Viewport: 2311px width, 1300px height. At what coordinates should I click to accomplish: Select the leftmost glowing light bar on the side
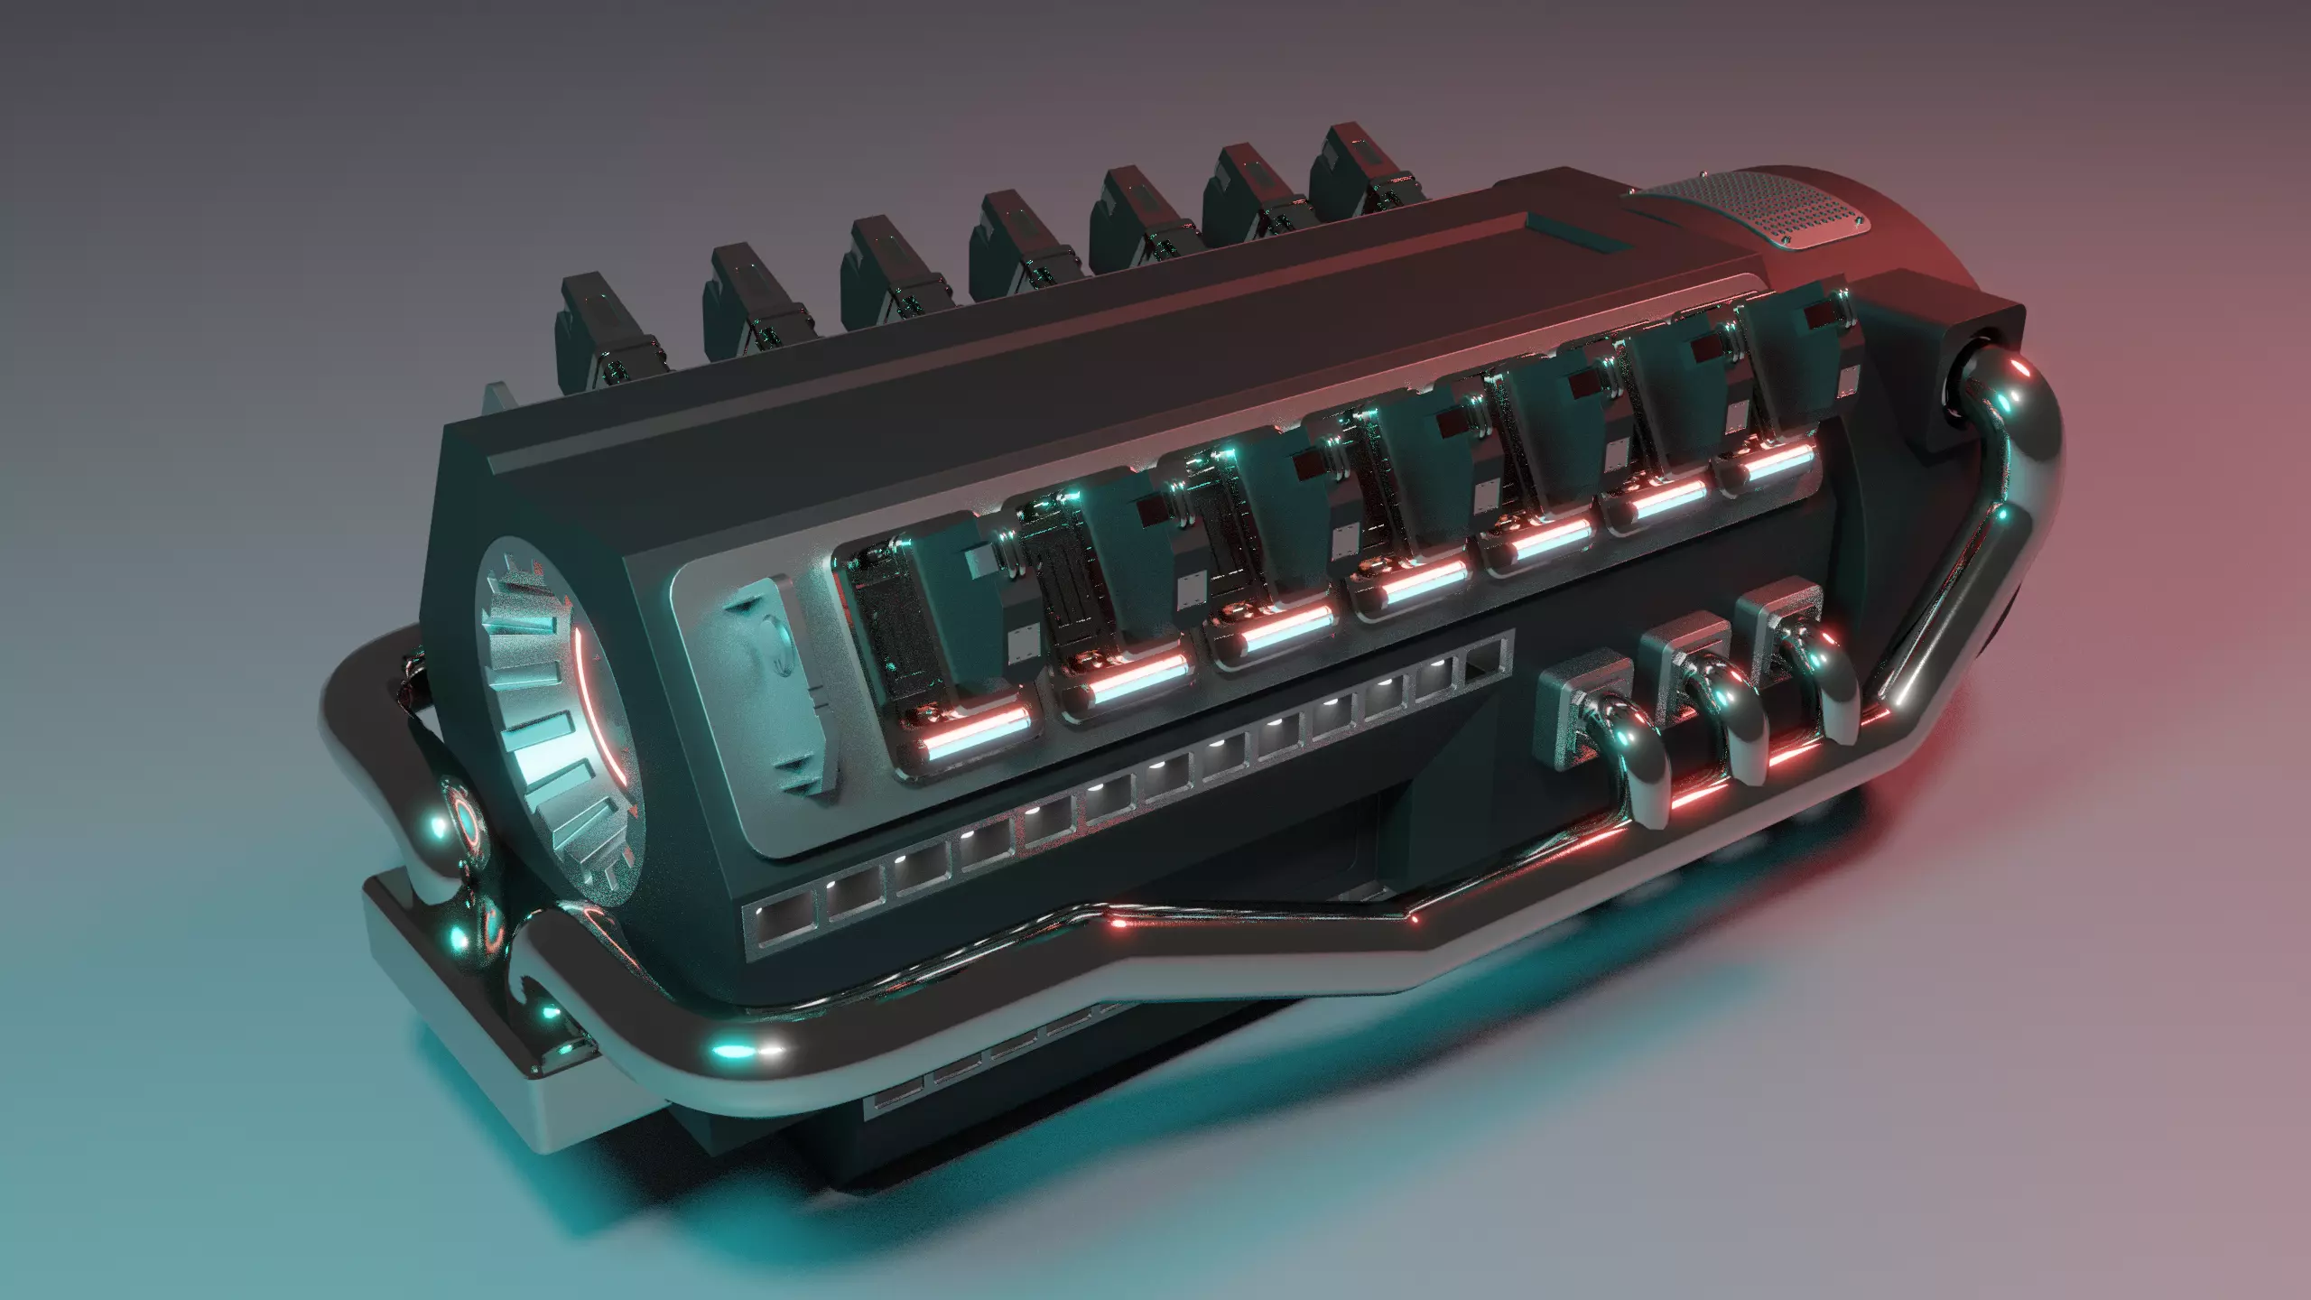tap(975, 722)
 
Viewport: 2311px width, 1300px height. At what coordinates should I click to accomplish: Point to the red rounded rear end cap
tap(1941, 244)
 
